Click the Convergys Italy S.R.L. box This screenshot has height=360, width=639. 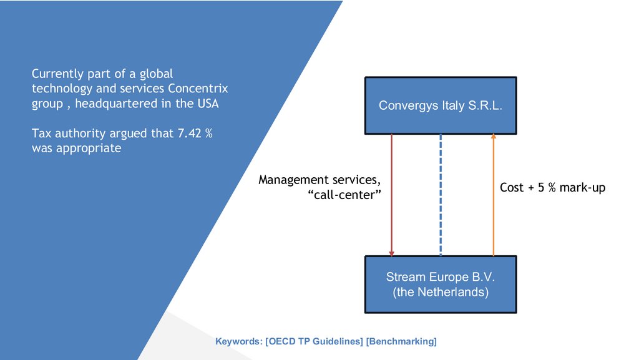pos(441,105)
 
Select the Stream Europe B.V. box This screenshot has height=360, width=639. pos(441,285)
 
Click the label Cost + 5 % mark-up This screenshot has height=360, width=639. pos(552,187)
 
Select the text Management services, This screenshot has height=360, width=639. pos(319,180)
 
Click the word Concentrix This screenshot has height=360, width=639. pos(198,89)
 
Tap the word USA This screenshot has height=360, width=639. pos(207,104)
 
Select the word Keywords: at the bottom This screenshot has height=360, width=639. pos(238,341)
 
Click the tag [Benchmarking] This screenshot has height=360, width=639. pos(401,341)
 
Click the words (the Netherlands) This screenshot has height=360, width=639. pos(441,292)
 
